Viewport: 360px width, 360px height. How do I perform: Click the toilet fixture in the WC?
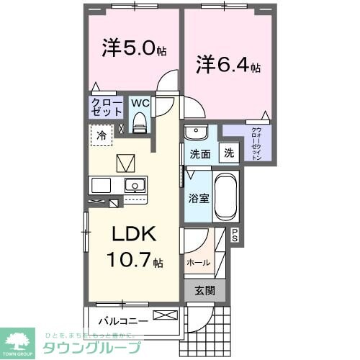click(140, 122)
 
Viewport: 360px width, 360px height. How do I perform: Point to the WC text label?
click(140, 103)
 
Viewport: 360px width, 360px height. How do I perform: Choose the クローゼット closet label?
click(106, 108)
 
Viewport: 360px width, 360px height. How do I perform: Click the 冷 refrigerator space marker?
click(102, 135)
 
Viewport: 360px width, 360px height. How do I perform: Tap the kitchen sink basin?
click(134, 185)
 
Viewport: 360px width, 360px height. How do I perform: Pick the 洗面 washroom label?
click(199, 153)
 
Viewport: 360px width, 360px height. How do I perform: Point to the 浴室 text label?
click(199, 197)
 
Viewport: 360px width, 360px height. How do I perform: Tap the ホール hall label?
click(198, 263)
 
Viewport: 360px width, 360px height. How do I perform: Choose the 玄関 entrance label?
click(205, 290)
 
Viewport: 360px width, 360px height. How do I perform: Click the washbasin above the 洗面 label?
click(195, 133)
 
